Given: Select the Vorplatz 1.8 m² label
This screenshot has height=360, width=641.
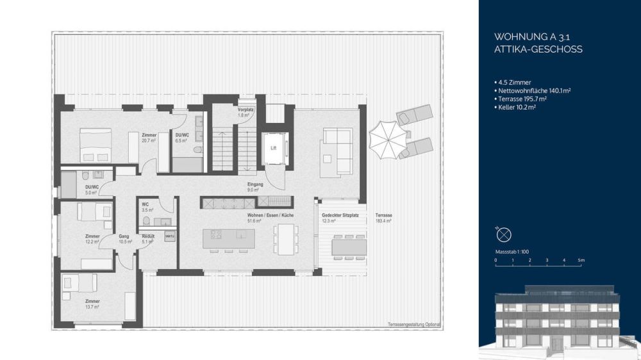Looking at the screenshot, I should point(246,111).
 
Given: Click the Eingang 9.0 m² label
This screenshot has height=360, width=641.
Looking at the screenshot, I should point(255,186).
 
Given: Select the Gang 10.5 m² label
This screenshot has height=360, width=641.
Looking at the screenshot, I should point(124,239).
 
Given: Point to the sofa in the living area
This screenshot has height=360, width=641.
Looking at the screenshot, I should point(337,151).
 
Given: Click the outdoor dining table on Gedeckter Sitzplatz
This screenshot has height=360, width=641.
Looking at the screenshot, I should point(349,247).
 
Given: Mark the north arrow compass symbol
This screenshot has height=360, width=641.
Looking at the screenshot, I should point(504,233).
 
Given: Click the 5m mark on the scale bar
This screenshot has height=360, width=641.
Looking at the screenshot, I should point(580,261).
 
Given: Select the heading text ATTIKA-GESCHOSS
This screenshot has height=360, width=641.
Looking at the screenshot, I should point(538,49).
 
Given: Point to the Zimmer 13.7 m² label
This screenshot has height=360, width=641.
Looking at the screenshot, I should point(92,304).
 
